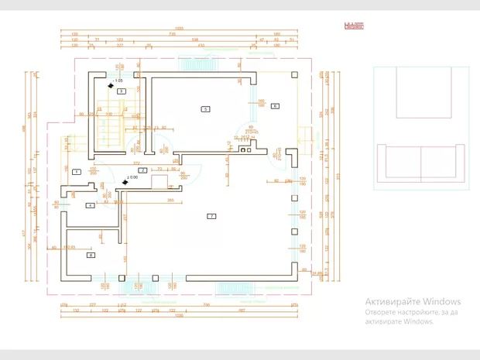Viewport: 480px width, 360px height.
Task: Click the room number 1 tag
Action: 77,171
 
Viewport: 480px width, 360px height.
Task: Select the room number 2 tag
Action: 143,170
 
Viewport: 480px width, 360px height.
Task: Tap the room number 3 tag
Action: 122,91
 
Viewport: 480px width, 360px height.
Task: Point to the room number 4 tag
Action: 91,205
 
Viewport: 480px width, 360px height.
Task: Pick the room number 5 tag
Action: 205,109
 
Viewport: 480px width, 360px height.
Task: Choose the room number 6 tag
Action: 274,105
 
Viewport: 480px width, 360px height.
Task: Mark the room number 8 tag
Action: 91,254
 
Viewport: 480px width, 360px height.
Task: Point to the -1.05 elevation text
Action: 118,81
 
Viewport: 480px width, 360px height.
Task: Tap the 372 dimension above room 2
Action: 136,163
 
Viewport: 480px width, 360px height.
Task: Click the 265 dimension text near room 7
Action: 169,200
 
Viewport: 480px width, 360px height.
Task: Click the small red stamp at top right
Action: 354,25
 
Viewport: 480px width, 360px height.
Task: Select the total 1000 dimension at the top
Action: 179,29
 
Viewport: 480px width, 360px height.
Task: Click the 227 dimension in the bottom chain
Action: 91,306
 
